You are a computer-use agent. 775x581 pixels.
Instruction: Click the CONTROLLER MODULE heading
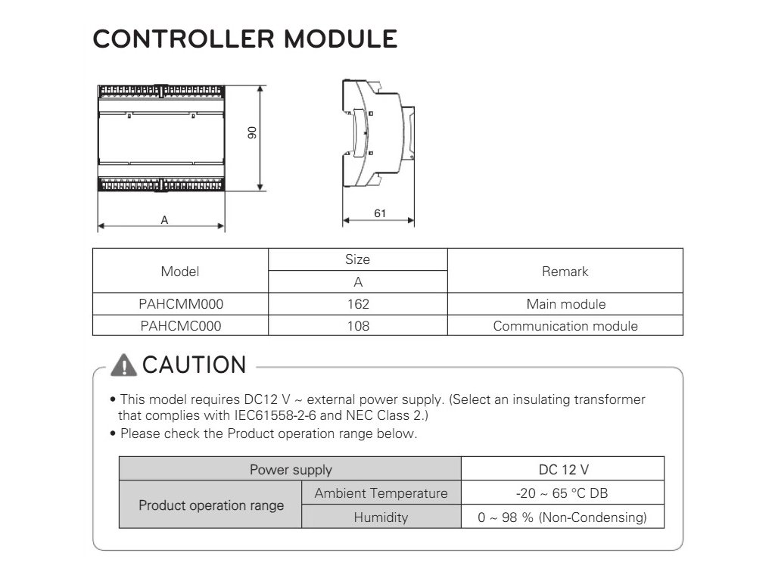click(244, 39)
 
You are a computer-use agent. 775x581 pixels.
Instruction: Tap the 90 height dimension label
click(253, 132)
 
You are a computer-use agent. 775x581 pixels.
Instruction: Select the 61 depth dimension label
click(380, 213)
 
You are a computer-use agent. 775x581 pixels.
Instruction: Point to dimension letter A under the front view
click(163, 220)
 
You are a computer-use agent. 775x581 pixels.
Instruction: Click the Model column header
click(180, 271)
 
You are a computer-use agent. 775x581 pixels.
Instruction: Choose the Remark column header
click(565, 271)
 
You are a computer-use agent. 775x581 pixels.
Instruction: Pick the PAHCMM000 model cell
click(181, 304)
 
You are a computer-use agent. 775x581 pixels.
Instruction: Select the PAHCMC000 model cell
click(181, 326)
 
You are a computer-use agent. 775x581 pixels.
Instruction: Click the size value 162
click(357, 304)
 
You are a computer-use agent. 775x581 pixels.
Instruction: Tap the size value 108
click(357, 326)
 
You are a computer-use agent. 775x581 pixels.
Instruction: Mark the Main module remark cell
click(565, 304)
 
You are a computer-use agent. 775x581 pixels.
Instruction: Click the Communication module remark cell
click(565, 326)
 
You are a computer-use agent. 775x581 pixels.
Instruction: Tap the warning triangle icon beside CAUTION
click(123, 365)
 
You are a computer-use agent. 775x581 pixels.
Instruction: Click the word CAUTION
click(195, 365)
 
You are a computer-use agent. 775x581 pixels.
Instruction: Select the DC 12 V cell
click(562, 470)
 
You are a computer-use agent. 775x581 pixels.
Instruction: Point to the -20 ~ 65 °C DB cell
click(562, 493)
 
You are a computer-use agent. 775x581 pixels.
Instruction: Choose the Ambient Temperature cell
click(381, 493)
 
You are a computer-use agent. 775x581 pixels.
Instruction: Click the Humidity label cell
click(381, 517)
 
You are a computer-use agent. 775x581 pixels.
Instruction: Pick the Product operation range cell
click(211, 505)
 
